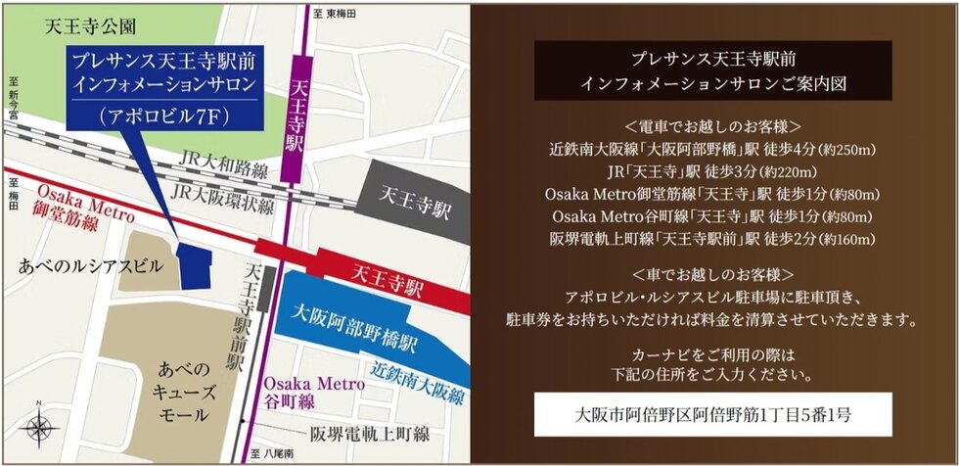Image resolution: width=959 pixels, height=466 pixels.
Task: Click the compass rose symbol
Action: [x=39, y=428]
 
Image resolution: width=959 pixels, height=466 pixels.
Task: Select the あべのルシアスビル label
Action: [x=86, y=264]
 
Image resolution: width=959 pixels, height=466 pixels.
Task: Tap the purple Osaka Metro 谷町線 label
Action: [x=312, y=394]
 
